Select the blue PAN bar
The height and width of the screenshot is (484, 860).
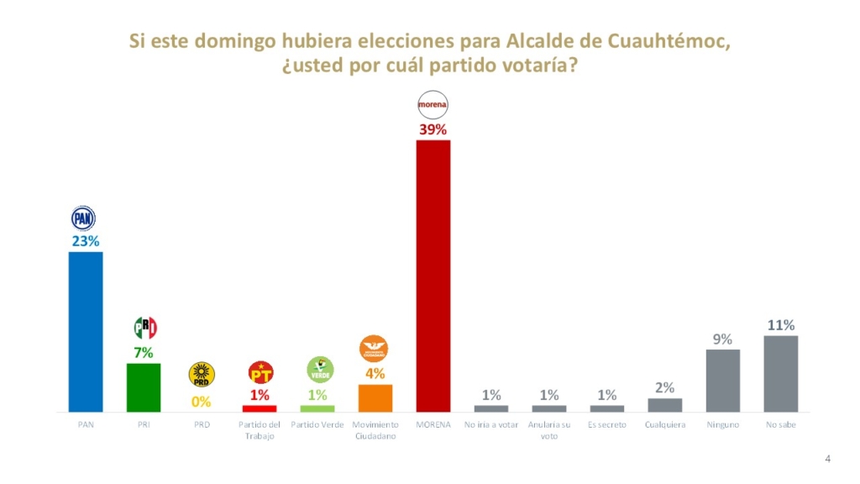click(x=85, y=332)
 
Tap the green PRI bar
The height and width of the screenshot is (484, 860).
click(x=143, y=387)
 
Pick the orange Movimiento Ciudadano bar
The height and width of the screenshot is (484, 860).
click(x=375, y=397)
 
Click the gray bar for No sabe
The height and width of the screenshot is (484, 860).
click(x=780, y=374)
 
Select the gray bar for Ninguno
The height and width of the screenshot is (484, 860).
click(x=722, y=381)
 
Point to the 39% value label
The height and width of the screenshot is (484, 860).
click(x=433, y=130)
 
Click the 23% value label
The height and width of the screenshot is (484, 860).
click(x=85, y=242)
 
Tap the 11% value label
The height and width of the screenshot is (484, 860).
click(x=780, y=325)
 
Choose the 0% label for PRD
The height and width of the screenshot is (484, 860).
click(x=202, y=402)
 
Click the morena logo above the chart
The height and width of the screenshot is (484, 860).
click(x=433, y=106)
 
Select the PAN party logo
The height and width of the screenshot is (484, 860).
click(x=84, y=218)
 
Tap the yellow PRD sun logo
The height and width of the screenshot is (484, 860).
click(x=202, y=375)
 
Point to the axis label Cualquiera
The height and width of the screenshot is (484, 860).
click(x=665, y=425)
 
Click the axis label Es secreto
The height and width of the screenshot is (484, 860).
click(x=607, y=425)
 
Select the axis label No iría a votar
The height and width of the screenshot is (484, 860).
click(x=491, y=425)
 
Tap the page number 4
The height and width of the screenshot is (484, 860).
click(x=828, y=459)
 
